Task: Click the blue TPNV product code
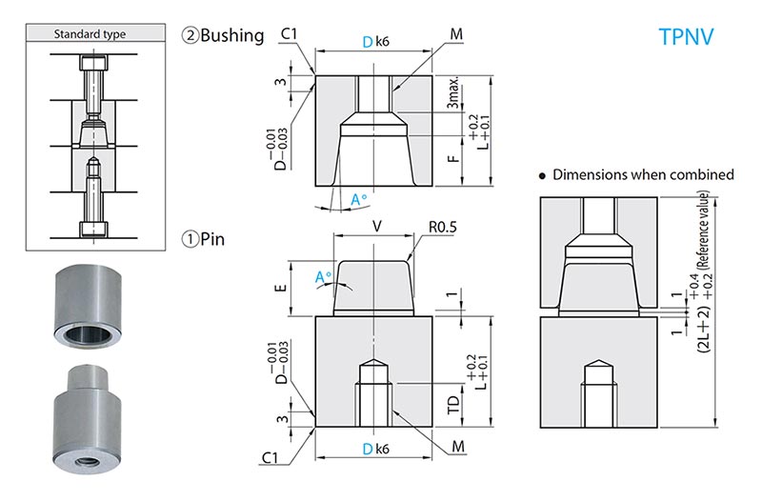click(x=687, y=37)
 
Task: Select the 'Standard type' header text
click(x=90, y=34)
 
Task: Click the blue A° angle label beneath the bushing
click(x=359, y=200)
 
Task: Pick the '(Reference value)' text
click(x=703, y=230)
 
